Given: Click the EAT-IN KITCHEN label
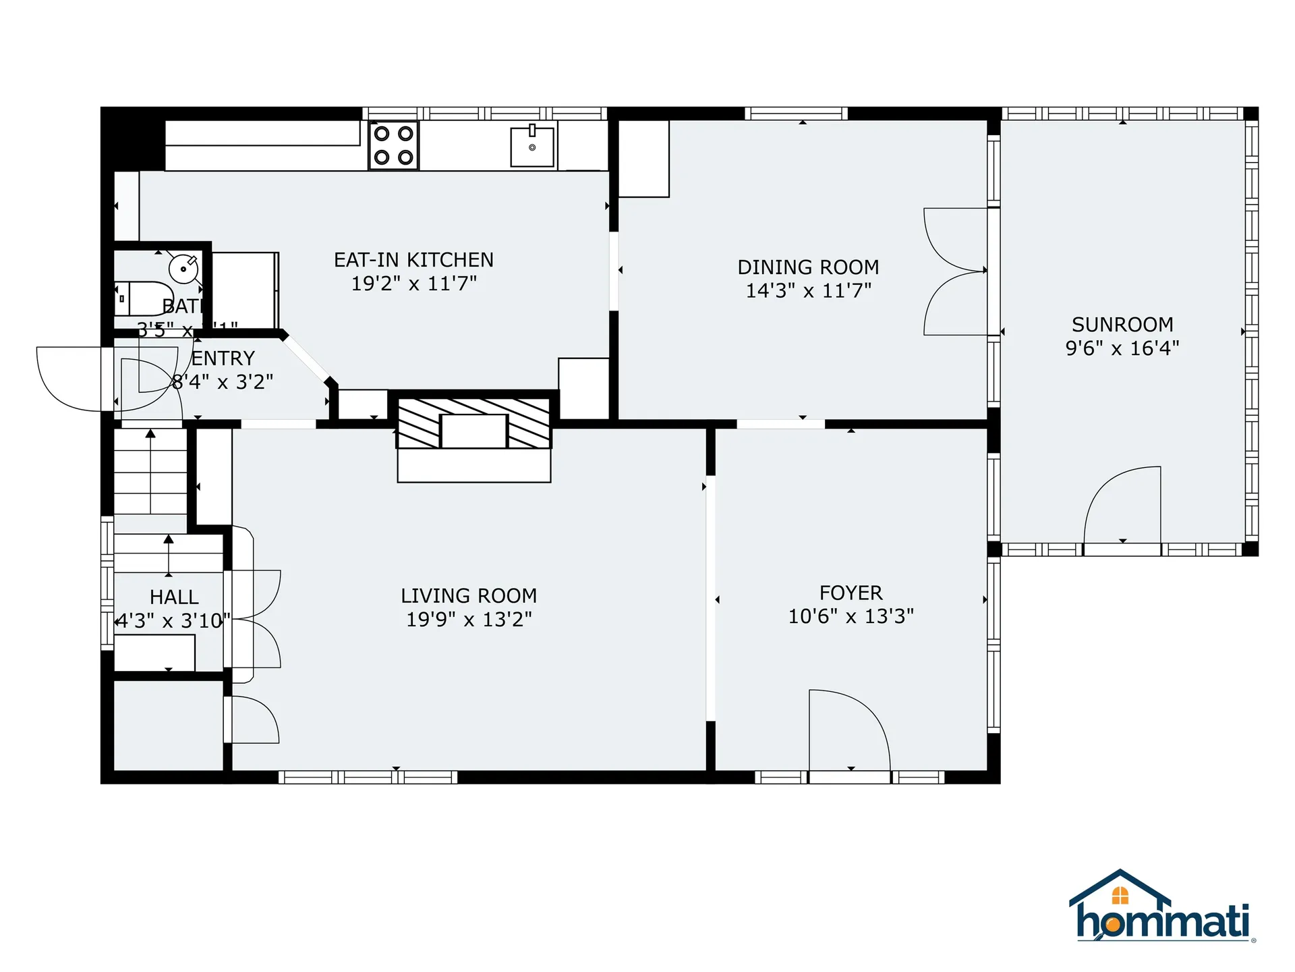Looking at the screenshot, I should [x=413, y=260].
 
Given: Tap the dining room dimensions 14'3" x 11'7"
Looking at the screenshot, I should [x=808, y=290].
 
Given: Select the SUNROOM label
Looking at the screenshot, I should [x=1122, y=325].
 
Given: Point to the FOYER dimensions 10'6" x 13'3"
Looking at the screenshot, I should [x=851, y=616].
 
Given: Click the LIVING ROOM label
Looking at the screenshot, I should [x=469, y=596].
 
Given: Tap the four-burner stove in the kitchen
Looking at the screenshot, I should [x=393, y=145].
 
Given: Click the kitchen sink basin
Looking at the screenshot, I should [x=532, y=146].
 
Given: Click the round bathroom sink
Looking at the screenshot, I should [x=183, y=269].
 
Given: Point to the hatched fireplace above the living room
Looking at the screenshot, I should [x=473, y=423].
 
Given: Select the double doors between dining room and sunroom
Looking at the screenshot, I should [x=954, y=271].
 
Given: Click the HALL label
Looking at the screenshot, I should [x=174, y=597].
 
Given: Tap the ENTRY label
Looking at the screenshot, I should [x=223, y=358].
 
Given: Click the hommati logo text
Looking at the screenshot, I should [x=1163, y=921].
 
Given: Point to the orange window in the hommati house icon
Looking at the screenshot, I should [x=1120, y=896].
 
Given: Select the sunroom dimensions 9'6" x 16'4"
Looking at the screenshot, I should [x=1122, y=348].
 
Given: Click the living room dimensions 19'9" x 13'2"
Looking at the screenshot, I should [x=469, y=620].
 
